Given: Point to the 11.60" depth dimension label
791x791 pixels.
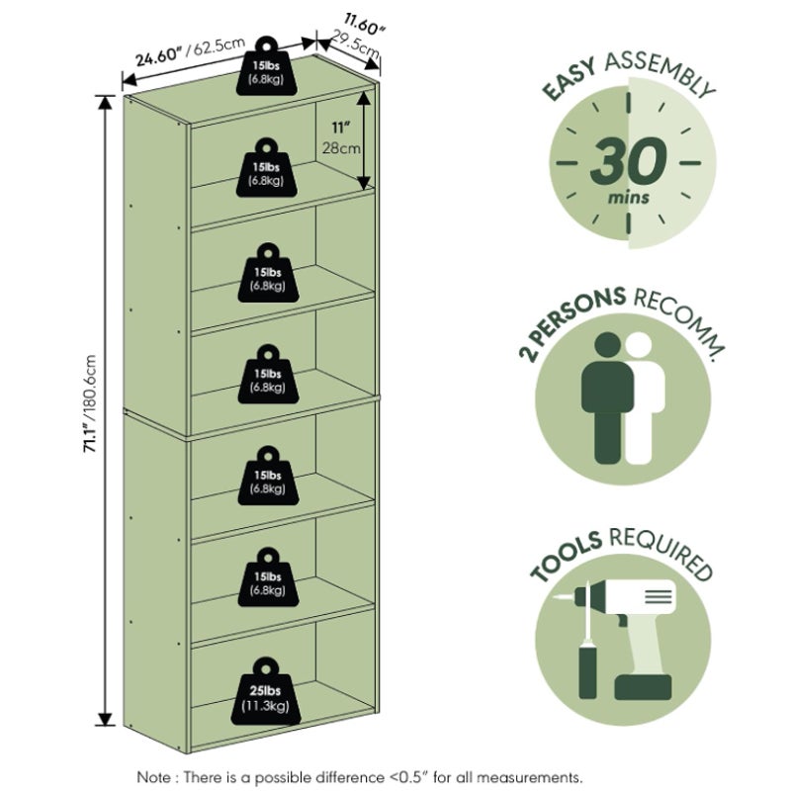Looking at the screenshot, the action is pos(364,24).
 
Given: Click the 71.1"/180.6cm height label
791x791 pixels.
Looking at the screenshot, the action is pos(90,403).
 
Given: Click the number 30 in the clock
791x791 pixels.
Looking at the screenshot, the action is pos(628,161).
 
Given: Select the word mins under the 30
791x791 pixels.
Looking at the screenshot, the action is pos(628,197).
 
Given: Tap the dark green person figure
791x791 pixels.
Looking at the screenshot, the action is pos(607,398).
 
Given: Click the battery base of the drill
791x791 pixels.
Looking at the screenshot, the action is pos(644,686).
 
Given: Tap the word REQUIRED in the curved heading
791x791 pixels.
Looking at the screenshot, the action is pos(661,553).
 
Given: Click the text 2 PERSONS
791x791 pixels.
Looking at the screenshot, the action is pos(571,324).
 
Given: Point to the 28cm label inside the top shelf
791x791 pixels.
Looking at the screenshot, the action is pos(341,148).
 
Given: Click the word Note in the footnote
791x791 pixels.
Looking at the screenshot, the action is pos(154,776).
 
